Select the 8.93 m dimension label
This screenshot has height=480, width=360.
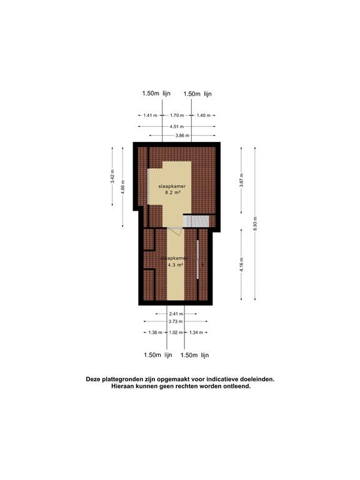coord(255,224)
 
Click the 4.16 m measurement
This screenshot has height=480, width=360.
coord(241,264)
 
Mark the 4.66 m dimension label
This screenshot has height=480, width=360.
coord(123,187)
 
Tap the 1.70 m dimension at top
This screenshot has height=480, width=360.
coord(177,115)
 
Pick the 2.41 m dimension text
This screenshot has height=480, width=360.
coord(176,313)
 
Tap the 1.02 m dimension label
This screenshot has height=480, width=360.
coord(176,332)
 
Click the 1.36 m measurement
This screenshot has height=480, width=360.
coord(155,332)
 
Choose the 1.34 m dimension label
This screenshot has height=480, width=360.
coord(196,332)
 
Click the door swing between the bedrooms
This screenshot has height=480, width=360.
coord(174,232)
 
